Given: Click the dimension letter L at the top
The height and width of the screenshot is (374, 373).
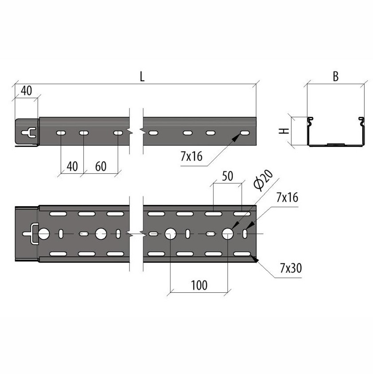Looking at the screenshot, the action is tap(142, 77).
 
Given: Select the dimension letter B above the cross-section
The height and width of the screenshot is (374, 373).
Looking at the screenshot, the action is tap(336, 76).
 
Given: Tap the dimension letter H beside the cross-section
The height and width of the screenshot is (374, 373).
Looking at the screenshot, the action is tap(284, 131).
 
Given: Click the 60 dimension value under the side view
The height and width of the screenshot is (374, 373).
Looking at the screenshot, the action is tap(101, 166).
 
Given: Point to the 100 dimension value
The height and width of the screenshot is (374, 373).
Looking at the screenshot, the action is tap(199, 285).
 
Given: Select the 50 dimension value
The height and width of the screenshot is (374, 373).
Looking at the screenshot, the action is tap(228, 176).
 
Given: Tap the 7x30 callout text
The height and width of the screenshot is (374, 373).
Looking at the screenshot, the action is tap(291, 268).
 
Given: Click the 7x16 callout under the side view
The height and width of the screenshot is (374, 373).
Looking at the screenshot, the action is tap(192, 156).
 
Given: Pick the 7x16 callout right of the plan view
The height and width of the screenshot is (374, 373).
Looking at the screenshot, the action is tap(287, 198).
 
